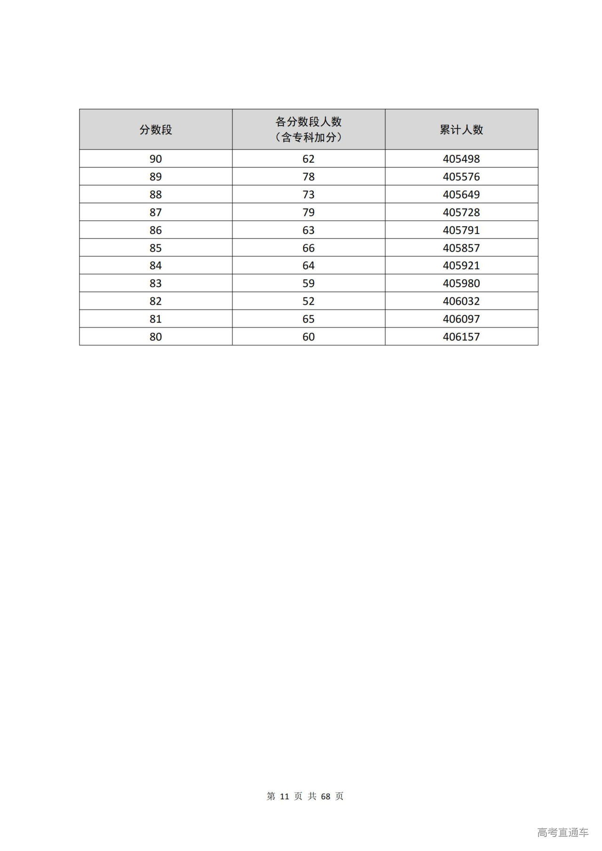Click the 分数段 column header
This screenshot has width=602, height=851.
tap(156, 130)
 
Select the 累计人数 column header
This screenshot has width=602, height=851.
tap(461, 130)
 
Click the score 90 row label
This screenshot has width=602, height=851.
tap(156, 159)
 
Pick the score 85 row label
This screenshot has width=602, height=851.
tap(156, 248)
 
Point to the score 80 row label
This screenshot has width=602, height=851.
tap(156, 337)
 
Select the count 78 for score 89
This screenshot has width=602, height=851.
tap(309, 177)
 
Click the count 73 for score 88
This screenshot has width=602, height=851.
tap(309, 195)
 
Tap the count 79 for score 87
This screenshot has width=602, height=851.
tap(309, 213)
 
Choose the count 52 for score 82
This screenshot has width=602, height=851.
tap(309, 301)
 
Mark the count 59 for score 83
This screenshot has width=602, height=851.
tap(309, 284)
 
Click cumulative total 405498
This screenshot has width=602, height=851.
tap(461, 159)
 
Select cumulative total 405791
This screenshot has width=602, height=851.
tap(461, 230)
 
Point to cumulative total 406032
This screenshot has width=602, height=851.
tap(461, 301)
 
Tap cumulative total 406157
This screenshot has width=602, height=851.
tap(461, 337)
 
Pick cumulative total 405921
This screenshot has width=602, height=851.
tap(461, 266)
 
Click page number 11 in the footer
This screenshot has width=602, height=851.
tap(284, 796)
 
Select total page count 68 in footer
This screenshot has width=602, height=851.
tap(325, 796)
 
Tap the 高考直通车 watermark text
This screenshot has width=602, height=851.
tap(562, 832)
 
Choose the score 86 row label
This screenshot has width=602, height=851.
tap(156, 230)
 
